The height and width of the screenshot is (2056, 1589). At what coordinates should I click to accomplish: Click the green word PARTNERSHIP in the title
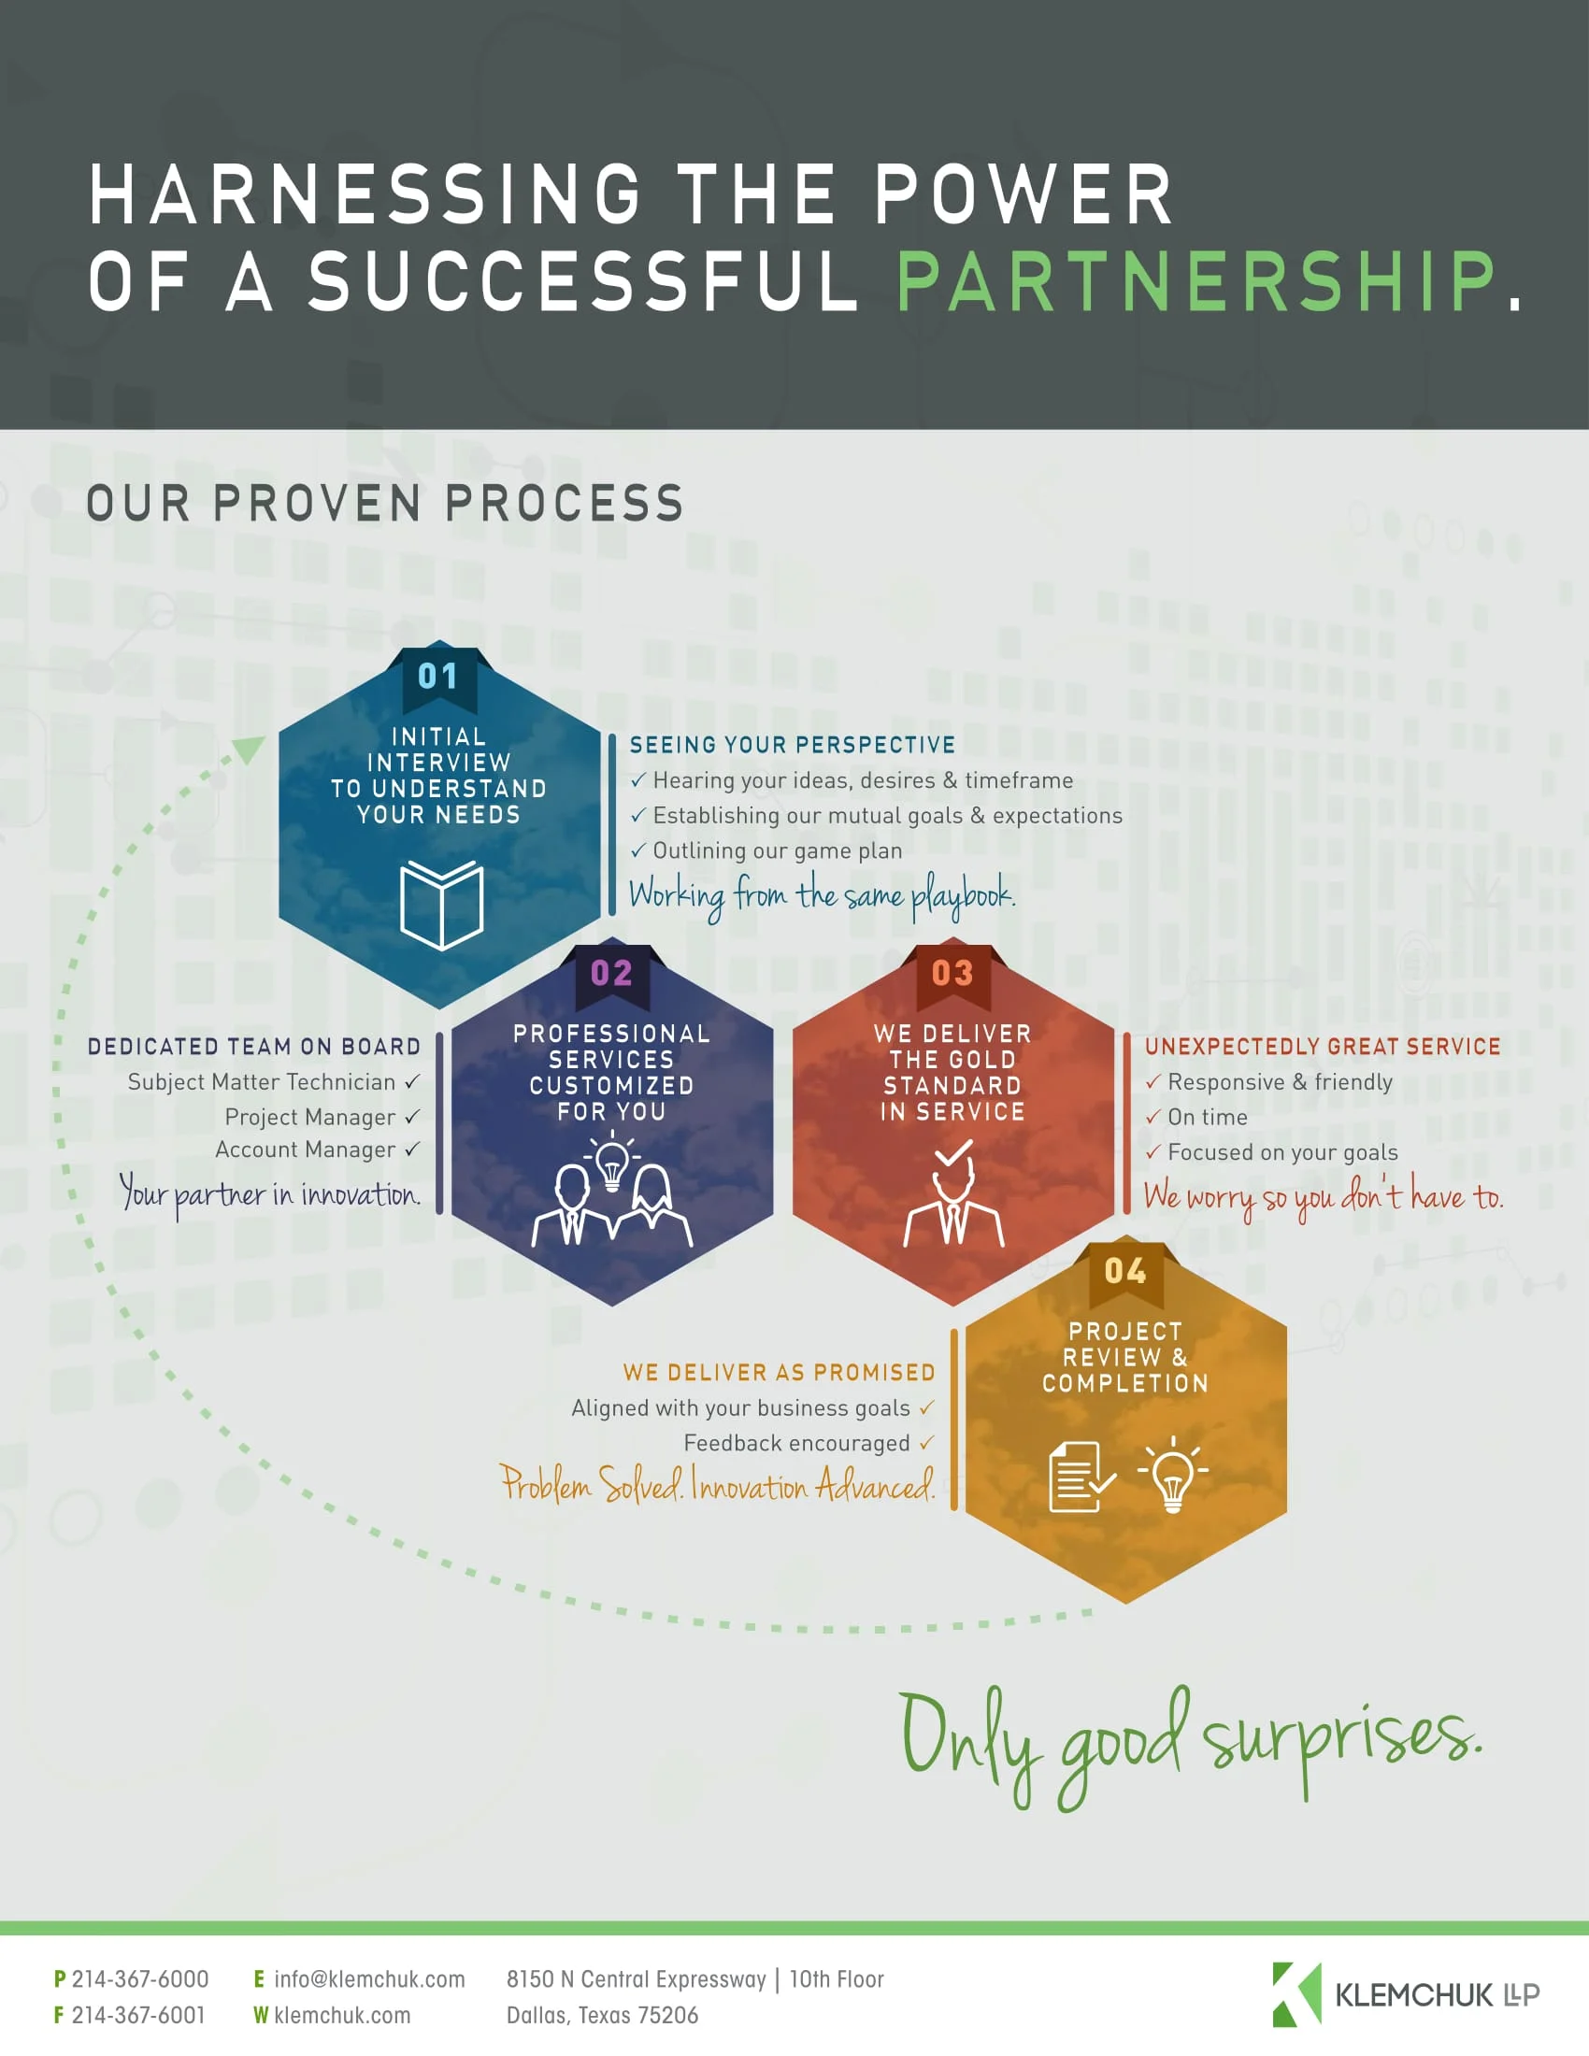[x=1195, y=280]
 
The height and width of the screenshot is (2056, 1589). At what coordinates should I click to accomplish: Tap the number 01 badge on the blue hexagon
[x=437, y=676]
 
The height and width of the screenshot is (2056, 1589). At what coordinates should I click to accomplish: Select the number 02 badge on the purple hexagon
[x=611, y=974]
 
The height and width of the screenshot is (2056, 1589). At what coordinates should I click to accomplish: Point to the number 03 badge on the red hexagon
[x=952, y=974]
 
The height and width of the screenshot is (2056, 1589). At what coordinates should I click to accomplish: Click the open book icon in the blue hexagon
[x=441, y=904]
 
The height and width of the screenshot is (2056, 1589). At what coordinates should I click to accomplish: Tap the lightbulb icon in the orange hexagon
[x=1172, y=1474]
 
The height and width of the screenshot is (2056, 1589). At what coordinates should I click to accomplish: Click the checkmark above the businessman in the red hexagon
[x=952, y=1152]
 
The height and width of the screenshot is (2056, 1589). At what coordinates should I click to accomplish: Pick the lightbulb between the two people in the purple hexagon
[x=612, y=1164]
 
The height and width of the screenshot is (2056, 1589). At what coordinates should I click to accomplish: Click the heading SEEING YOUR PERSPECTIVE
[x=793, y=745]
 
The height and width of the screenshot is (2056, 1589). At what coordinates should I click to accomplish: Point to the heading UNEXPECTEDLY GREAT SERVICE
[x=1323, y=1046]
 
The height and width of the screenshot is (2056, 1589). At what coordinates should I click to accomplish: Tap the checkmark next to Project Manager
[x=412, y=1117]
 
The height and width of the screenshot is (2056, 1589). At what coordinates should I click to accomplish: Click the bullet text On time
[x=1207, y=1118]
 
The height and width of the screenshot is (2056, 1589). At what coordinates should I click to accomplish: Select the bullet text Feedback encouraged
[x=796, y=1443]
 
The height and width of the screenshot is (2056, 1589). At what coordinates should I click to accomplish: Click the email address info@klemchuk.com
[x=369, y=1978]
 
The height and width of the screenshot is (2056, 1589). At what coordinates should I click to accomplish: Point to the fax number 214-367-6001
[x=138, y=2016]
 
